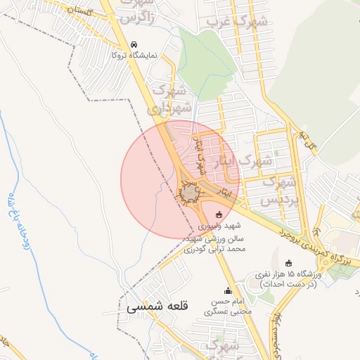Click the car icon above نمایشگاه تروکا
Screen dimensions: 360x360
pos(134,44)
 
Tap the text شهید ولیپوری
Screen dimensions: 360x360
pos(219,226)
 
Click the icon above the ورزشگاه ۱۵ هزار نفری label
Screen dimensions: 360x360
pos(288,263)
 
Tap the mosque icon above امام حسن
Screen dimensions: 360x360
pos(227,291)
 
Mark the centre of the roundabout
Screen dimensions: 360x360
pos(191,191)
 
